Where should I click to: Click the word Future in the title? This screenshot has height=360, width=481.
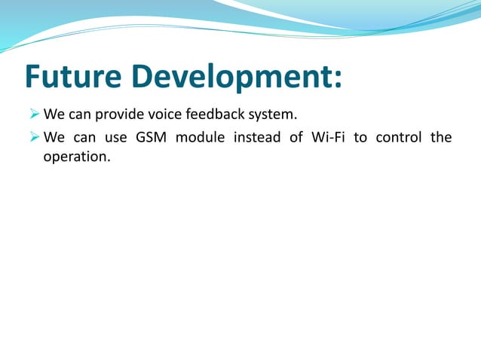[x=73, y=76]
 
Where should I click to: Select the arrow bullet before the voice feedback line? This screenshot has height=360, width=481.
[x=35, y=114]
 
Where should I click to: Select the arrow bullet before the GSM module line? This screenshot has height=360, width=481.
[x=35, y=136]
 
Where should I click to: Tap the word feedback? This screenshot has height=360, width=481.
[x=215, y=114]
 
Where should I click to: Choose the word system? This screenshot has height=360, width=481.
[x=272, y=115]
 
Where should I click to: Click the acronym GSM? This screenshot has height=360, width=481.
[x=151, y=137]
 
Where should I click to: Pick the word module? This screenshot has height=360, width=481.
[x=200, y=137]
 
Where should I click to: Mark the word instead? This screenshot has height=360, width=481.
[x=257, y=137]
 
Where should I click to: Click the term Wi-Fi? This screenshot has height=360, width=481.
[x=328, y=137]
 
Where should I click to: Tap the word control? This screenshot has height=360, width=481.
[x=399, y=137]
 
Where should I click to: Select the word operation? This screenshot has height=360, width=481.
[x=77, y=157]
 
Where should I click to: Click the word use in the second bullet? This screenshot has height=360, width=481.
[x=115, y=139]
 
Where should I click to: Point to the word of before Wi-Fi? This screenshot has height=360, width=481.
[x=296, y=137]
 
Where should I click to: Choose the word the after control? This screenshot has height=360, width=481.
[x=441, y=137]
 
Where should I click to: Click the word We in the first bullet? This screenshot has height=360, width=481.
[x=54, y=114]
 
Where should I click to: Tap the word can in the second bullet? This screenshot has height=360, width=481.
[x=84, y=139]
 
